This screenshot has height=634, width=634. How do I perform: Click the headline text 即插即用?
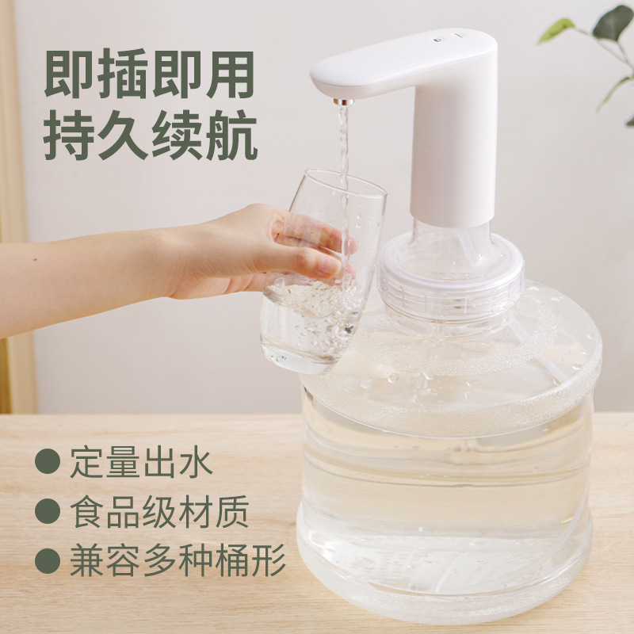point(149,76)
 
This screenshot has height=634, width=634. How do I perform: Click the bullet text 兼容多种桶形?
point(177,562)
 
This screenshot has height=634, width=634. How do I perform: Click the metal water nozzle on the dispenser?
point(343,102)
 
